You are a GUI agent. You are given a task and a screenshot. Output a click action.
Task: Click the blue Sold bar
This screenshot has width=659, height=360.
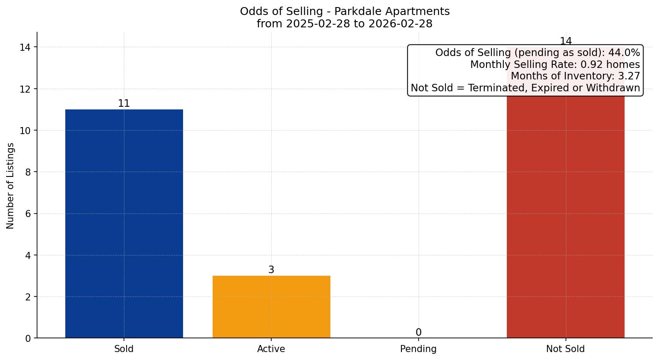124,223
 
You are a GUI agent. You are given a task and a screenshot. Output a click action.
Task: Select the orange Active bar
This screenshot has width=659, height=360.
271,307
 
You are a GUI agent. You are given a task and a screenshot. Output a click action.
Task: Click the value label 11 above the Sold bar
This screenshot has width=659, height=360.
124,104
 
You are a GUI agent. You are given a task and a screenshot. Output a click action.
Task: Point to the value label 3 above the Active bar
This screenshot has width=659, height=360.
271,270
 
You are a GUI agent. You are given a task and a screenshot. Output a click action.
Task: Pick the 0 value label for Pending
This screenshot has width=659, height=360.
418,333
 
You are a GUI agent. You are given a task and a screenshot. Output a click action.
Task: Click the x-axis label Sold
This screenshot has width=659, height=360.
124,349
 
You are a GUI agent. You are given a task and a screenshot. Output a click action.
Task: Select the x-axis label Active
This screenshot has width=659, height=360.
271,349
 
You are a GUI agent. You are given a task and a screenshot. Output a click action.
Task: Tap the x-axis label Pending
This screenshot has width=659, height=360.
418,349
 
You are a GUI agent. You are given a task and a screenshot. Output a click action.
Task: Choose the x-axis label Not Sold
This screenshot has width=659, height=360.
565,349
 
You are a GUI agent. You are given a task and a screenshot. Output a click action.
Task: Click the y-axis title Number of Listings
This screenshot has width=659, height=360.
11,186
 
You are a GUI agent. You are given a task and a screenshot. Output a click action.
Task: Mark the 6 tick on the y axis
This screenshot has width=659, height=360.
28,214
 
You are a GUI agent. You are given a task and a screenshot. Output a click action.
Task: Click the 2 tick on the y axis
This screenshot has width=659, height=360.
28,297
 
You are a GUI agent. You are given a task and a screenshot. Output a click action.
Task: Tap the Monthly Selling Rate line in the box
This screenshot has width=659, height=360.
555,65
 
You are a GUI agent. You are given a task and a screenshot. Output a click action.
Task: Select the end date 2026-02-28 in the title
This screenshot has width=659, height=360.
401,24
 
